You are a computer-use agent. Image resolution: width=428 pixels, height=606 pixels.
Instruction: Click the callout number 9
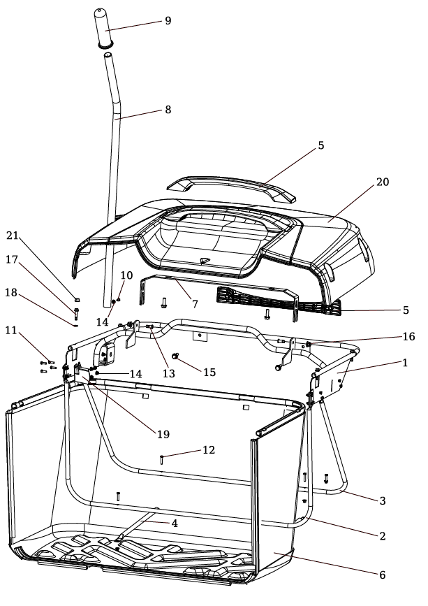[x=168, y=20]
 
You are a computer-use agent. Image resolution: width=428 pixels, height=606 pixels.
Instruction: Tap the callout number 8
[x=168, y=110]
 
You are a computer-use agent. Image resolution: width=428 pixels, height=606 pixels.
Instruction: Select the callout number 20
[x=383, y=182]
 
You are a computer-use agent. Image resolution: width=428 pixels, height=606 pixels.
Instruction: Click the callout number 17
[x=12, y=259]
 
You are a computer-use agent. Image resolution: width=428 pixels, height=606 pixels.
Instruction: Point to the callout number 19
[x=163, y=434]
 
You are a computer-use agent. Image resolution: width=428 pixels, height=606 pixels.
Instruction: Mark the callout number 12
[x=209, y=450]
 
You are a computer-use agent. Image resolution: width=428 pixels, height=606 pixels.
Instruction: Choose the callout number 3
[x=382, y=500]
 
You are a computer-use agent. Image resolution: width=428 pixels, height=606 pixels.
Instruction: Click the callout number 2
[x=382, y=536]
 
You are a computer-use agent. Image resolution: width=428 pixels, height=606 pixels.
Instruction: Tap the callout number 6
[x=382, y=575]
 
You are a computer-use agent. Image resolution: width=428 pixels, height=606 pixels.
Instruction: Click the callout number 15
[x=209, y=373]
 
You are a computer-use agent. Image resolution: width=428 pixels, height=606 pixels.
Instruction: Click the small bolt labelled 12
[x=162, y=460]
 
